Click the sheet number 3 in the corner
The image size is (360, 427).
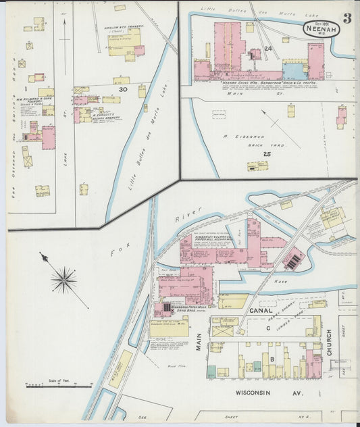coord(346,18)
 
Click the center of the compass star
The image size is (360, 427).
coord(64,278)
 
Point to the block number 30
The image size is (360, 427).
coord(122,89)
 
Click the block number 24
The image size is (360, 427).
coord(268,49)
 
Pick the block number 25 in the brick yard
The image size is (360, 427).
coord(266,155)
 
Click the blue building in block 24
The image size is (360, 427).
coord(294,70)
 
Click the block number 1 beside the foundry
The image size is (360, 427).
coord(25,89)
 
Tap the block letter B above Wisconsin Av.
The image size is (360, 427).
coord(272,358)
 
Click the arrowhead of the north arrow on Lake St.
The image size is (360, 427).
coord(64,22)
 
